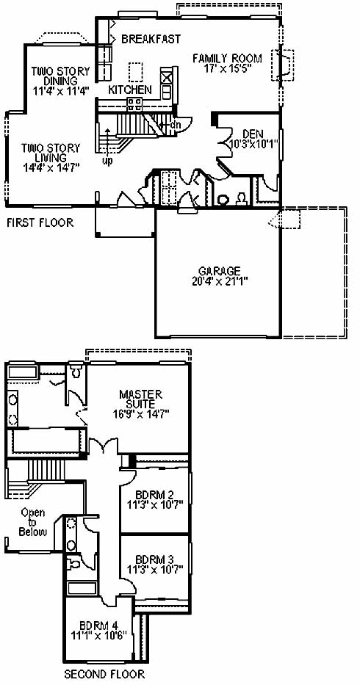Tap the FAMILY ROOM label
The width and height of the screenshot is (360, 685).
(x=228, y=58)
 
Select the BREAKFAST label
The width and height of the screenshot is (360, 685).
(x=151, y=39)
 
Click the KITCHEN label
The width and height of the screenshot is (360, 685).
(x=130, y=90)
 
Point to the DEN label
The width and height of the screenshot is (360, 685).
(x=253, y=134)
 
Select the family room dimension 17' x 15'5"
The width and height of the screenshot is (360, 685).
(x=228, y=68)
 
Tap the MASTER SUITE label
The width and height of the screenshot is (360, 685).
(x=140, y=399)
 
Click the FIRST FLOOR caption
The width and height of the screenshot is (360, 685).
(x=40, y=222)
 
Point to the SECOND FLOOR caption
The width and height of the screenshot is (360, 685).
(x=104, y=674)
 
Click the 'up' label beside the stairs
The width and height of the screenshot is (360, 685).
(x=107, y=161)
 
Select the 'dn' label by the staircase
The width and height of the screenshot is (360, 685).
(x=175, y=124)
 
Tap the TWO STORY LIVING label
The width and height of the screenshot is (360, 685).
(x=51, y=153)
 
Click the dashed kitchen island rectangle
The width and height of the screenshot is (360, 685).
(x=136, y=72)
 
